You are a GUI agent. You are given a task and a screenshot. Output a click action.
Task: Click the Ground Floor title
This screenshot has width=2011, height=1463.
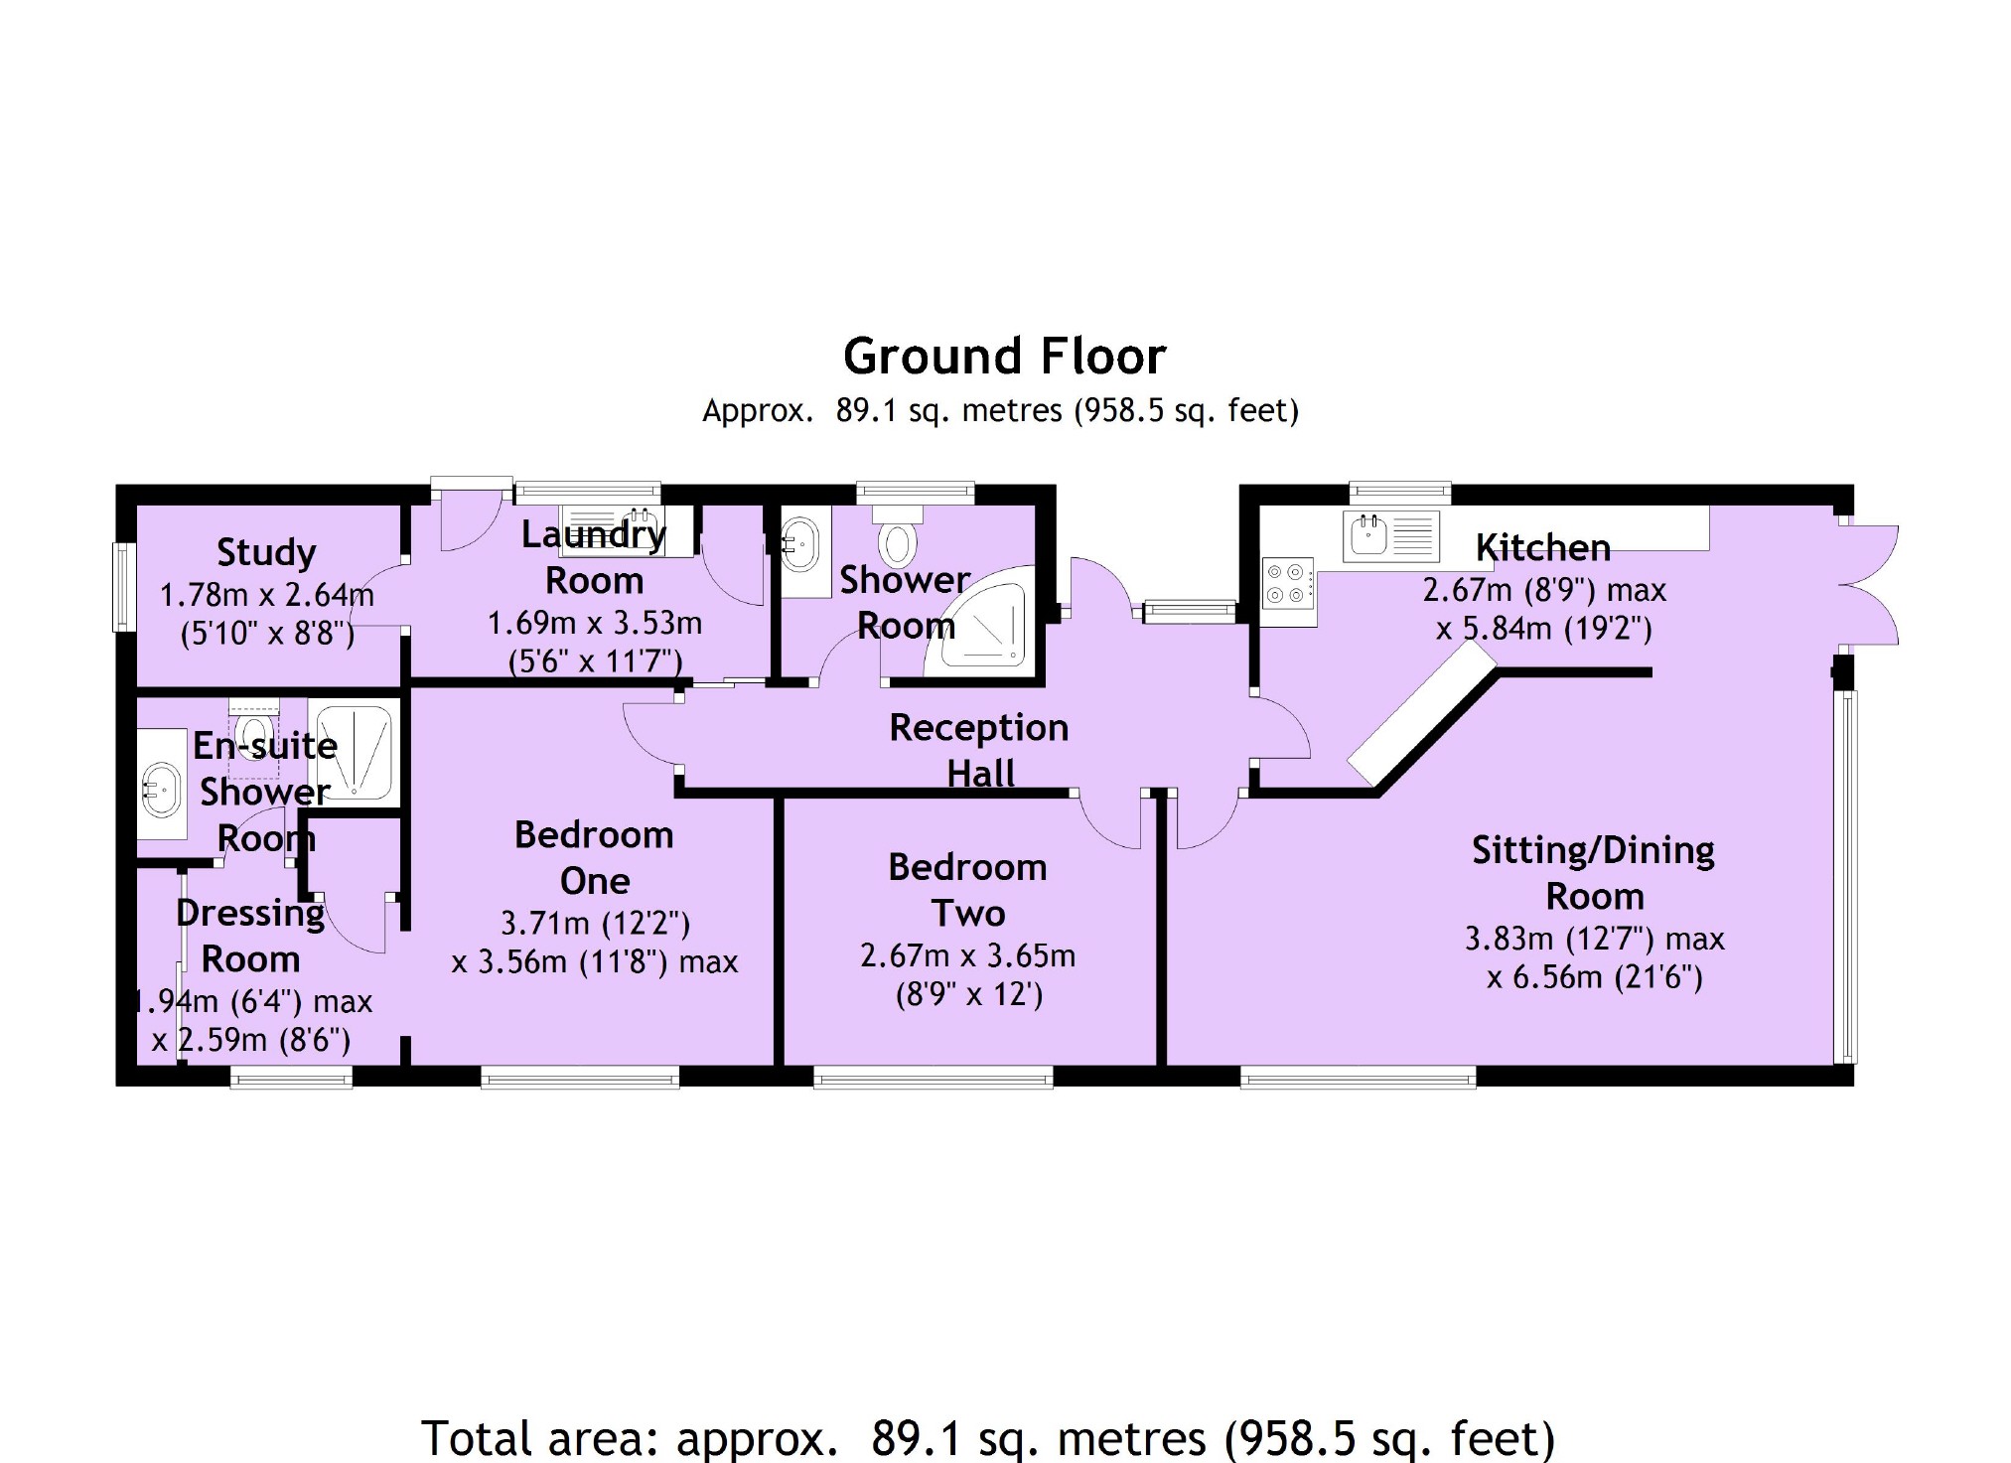click(x=1004, y=357)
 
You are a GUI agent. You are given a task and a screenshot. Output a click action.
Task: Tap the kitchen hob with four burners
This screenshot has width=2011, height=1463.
click(x=1288, y=584)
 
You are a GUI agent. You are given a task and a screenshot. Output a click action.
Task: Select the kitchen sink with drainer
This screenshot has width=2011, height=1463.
click(x=1390, y=535)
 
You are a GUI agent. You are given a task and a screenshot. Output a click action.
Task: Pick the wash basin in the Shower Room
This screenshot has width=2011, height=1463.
click(x=801, y=544)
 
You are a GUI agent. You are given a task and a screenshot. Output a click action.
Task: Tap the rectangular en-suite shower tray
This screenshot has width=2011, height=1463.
click(x=355, y=752)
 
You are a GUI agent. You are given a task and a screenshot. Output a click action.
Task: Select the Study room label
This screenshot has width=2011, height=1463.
click(x=266, y=552)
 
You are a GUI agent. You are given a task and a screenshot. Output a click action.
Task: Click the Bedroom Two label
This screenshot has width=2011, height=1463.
click(x=967, y=890)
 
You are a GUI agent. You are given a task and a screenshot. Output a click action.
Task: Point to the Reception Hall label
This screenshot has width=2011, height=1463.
click(x=979, y=750)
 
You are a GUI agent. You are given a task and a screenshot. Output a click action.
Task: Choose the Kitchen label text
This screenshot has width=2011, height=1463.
click(x=1542, y=547)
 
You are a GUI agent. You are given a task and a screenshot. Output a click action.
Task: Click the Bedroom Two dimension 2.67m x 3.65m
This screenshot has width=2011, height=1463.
click(x=967, y=955)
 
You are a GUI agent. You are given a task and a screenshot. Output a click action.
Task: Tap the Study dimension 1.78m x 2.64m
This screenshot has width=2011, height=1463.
click(x=266, y=595)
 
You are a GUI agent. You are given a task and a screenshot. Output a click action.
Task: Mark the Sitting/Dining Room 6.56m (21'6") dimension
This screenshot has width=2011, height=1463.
click(x=1594, y=977)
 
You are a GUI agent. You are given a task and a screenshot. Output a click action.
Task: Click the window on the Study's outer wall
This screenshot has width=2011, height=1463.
click(x=125, y=586)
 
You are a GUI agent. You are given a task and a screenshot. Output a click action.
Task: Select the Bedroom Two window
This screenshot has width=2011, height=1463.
click(x=933, y=1077)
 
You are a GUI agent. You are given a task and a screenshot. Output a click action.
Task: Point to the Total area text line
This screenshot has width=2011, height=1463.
click(x=988, y=1438)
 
